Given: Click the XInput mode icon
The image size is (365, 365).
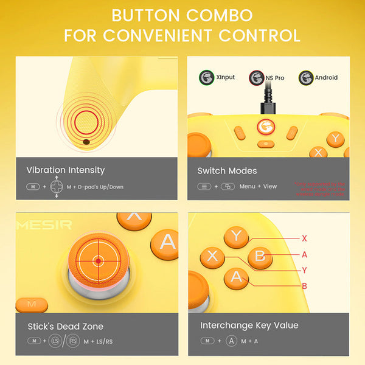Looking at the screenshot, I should pos(207,77).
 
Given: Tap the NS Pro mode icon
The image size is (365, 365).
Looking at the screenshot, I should pos(256,77).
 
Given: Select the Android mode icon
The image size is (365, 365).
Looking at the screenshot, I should pos(305,77).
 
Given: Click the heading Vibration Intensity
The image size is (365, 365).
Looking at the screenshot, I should pos(66,170).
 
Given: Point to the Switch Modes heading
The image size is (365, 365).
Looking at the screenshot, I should pos(227,171).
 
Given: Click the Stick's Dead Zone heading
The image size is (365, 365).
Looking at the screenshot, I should pos(65,326).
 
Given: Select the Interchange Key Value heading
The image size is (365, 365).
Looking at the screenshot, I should pos(249,325).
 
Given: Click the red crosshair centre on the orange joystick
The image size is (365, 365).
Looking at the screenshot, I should pos(98,261).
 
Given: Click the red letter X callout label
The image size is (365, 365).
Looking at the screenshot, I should pos(304,238).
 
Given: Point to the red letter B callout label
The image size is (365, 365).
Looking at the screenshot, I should pos(304,285).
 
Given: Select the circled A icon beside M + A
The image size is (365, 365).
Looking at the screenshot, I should pos(231,341).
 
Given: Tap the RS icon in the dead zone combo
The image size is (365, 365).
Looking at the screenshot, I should pos(72,341).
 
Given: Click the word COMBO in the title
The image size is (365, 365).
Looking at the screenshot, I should pos(217,15).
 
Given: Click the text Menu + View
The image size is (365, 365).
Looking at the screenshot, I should pos(258,187).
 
